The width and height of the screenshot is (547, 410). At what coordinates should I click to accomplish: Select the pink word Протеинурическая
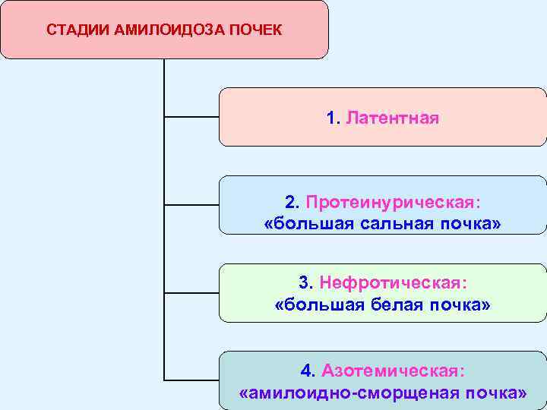393,203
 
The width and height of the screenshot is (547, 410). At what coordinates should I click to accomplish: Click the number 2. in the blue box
293,203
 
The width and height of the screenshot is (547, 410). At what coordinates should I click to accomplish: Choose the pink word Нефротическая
393,282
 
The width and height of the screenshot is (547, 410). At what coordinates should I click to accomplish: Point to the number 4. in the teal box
308,371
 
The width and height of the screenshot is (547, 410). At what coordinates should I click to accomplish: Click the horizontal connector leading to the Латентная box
191,118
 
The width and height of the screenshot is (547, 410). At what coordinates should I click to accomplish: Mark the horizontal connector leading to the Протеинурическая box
191,205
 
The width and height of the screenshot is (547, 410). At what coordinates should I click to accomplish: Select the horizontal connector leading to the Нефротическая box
191,292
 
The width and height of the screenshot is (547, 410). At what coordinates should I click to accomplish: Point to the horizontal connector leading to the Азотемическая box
191,379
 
